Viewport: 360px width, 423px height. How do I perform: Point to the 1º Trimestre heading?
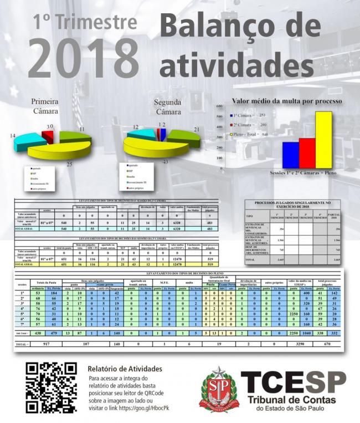click(84, 22)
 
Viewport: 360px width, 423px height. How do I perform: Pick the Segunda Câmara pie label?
click(167, 107)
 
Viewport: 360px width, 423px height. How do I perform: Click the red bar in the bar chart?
click(307, 153)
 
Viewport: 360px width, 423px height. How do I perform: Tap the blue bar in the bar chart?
click(290, 155)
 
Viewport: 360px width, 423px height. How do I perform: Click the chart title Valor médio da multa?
click(286, 101)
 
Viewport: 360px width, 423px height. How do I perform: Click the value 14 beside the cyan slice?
click(12, 135)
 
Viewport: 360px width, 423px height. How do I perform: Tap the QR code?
click(52, 388)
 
